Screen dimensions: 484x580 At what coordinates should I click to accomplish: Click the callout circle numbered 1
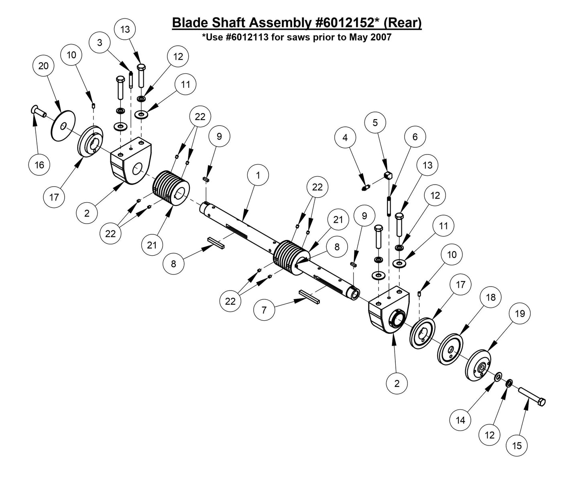[258, 175]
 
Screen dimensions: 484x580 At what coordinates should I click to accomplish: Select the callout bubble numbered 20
[43, 66]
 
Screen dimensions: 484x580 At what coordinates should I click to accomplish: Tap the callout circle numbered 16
[39, 165]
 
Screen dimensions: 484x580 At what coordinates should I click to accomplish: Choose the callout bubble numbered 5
[375, 122]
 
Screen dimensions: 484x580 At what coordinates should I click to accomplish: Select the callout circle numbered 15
[517, 445]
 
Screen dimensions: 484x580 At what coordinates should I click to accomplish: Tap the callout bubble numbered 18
[490, 297]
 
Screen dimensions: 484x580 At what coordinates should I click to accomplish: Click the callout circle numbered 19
[520, 313]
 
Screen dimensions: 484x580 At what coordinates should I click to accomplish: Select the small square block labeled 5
[387, 175]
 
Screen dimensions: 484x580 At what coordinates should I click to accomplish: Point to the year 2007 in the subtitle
[381, 38]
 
